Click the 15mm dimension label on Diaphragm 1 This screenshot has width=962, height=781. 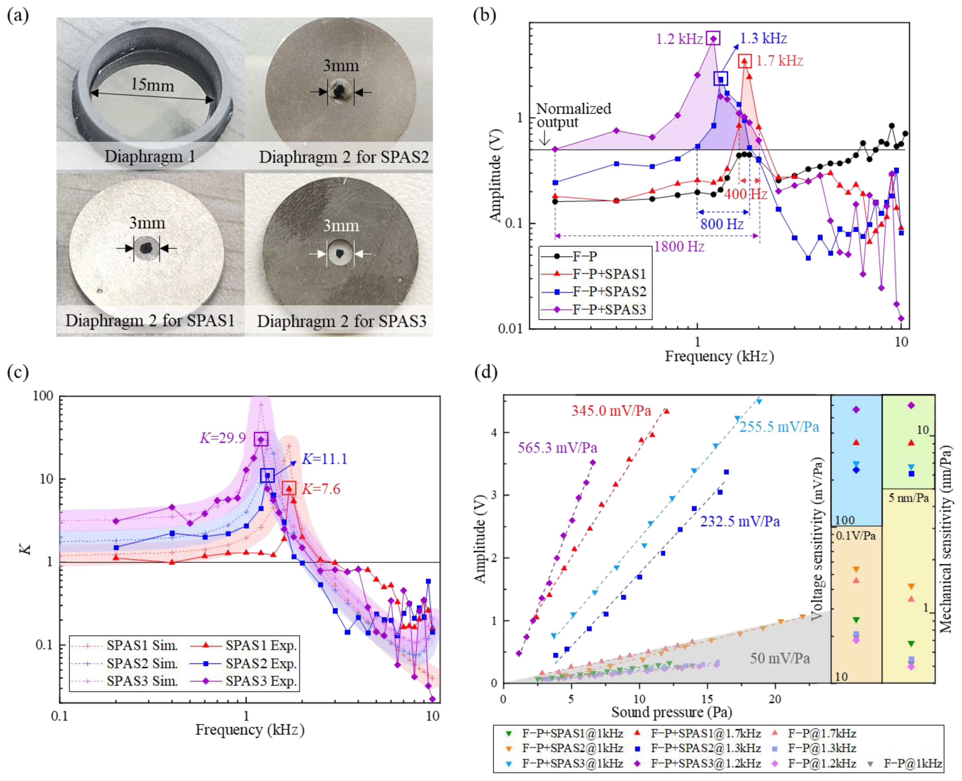[152, 84]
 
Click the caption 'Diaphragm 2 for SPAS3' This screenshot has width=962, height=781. [341, 321]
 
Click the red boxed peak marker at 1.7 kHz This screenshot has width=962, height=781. [745, 61]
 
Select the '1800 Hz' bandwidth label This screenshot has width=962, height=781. [679, 247]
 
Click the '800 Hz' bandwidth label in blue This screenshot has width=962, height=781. [722, 223]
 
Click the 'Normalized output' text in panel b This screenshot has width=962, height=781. [573, 115]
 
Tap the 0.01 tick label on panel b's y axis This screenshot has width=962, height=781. [510, 328]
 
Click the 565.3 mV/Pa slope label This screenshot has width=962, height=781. [557, 448]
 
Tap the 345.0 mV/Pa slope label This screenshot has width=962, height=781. [611, 411]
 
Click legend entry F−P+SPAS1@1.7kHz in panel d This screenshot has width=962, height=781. [705, 734]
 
